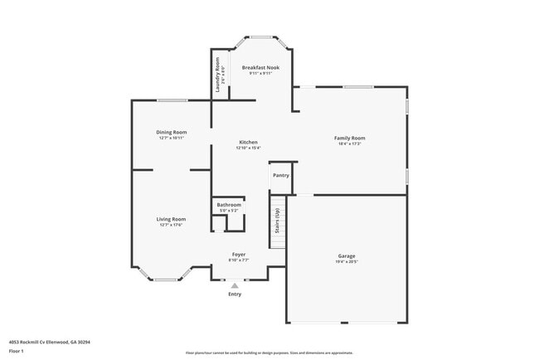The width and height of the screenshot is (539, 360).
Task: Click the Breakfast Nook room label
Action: [260, 67]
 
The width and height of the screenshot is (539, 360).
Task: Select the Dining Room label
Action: [172, 132]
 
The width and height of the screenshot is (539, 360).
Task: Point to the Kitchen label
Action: [249, 142]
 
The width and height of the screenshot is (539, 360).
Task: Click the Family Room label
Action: [349, 138]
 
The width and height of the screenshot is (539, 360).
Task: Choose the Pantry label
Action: [281, 175]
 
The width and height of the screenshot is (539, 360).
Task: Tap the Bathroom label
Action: [229, 204]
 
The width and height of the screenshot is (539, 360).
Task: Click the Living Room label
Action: [171, 219]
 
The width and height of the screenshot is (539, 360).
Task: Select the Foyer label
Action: [239, 254]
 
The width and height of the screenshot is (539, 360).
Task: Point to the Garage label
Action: [347, 255]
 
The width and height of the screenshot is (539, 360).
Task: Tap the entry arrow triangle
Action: [235, 285]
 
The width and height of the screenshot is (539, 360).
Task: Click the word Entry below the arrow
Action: [235, 294]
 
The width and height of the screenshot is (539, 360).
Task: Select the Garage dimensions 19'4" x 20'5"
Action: [347, 261]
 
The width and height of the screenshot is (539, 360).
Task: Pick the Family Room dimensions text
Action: [349, 144]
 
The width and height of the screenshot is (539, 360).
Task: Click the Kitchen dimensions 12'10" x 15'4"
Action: [249, 148]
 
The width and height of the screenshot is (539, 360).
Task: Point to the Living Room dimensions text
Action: [171, 225]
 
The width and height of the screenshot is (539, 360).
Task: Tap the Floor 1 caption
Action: [16, 352]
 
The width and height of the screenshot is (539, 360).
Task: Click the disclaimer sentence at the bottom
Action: [269, 353]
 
